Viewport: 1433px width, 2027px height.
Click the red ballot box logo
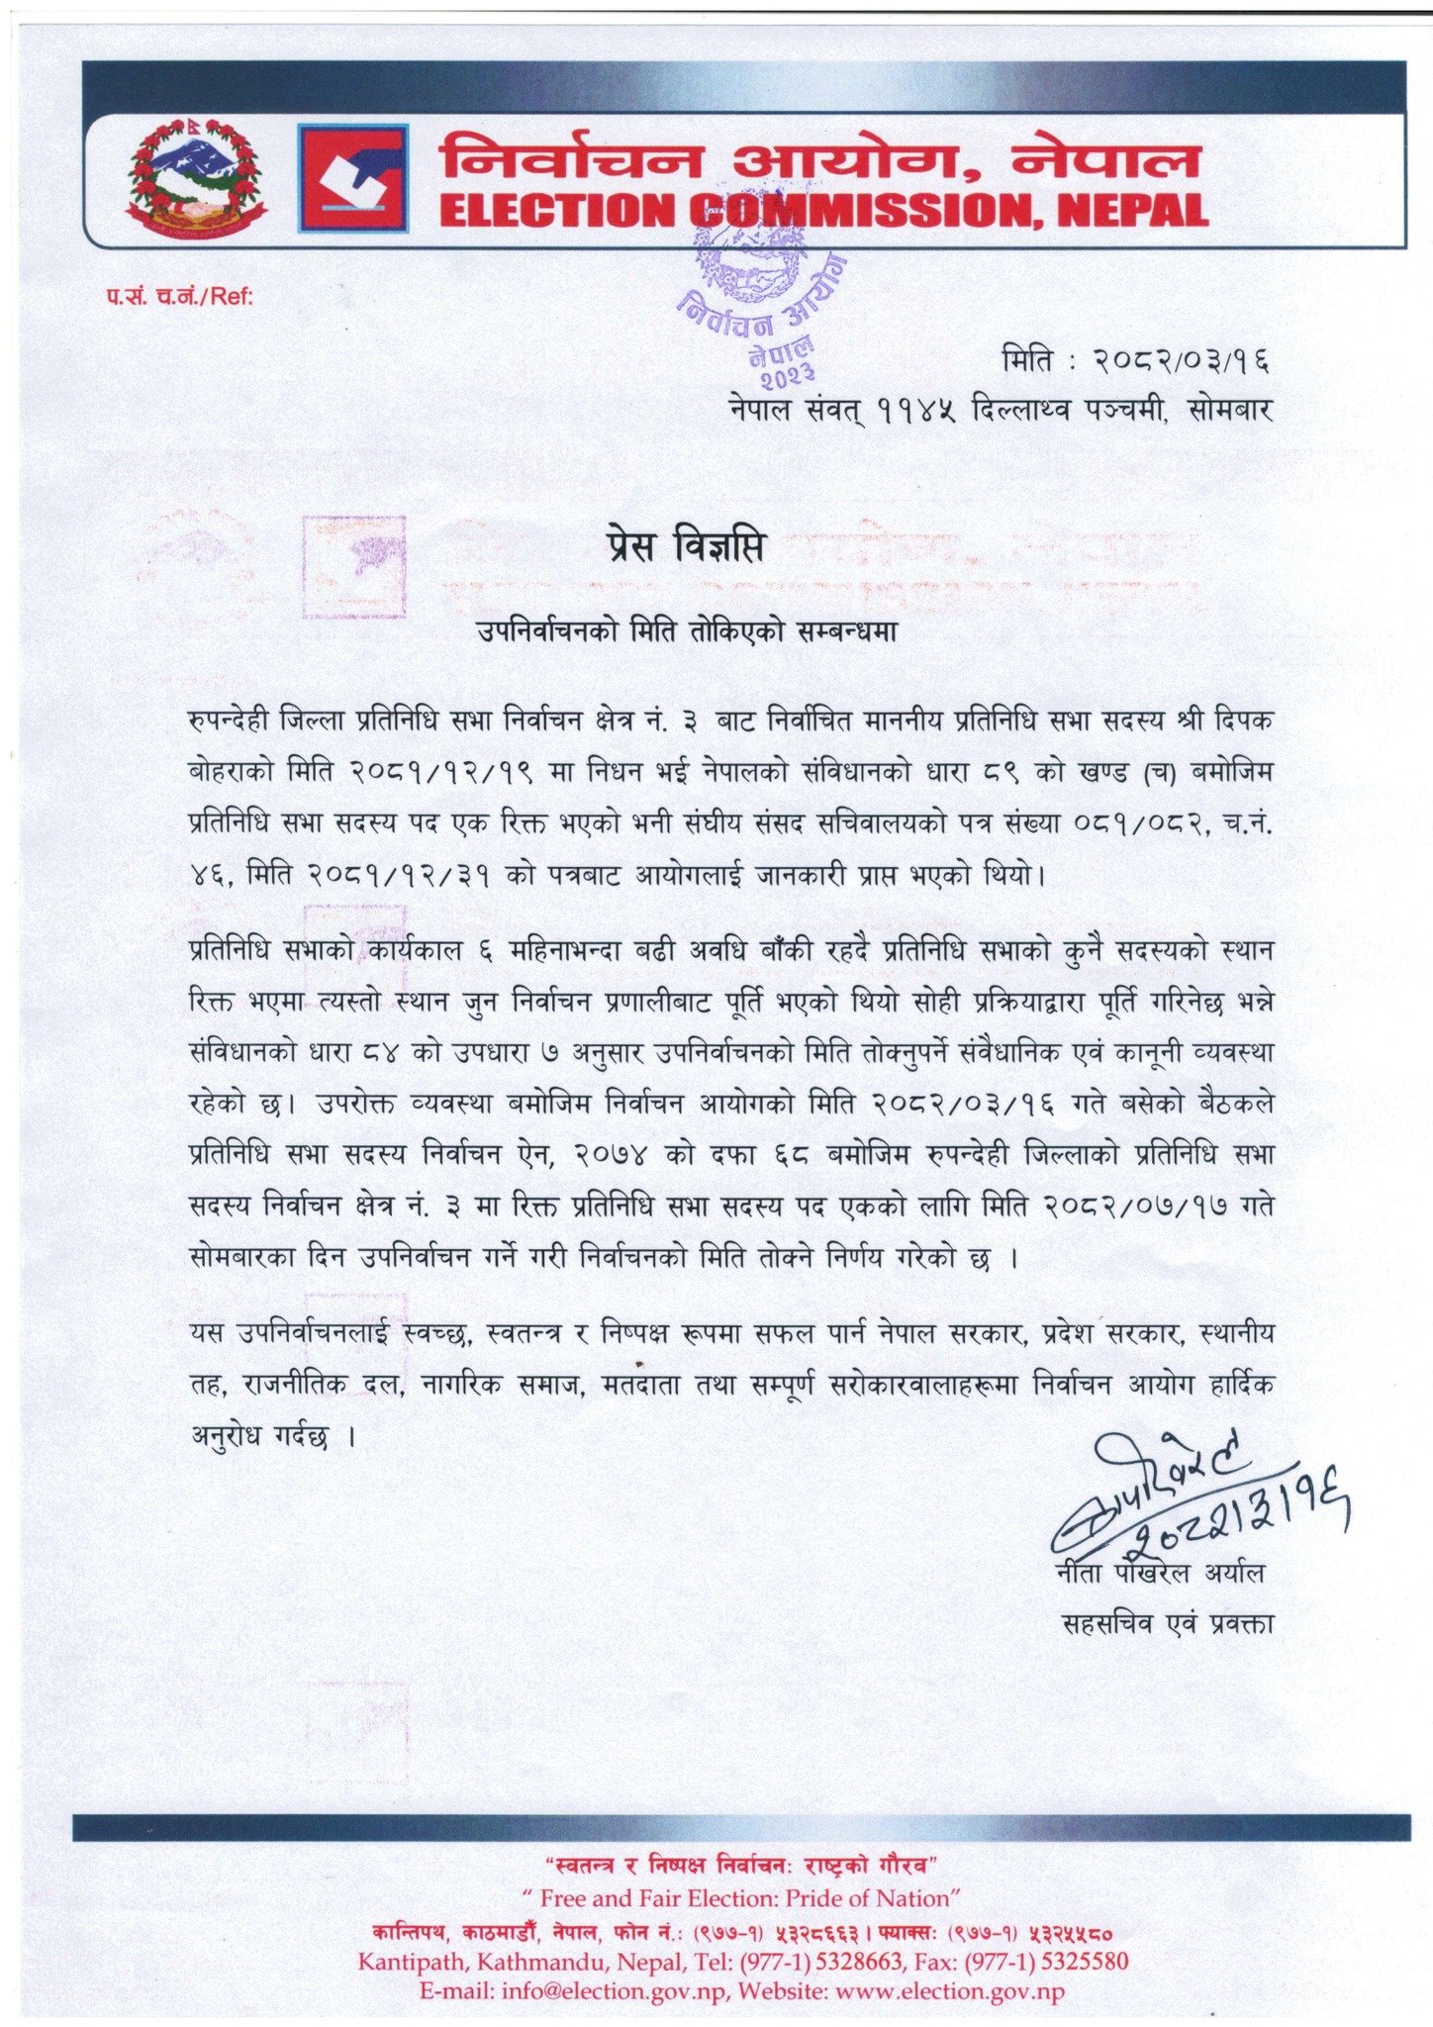pos(353,178)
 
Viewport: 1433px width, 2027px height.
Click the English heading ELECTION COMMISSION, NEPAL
pos(823,210)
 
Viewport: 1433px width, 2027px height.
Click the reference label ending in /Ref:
pos(181,295)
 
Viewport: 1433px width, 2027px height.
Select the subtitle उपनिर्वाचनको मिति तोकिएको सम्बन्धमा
pos(686,630)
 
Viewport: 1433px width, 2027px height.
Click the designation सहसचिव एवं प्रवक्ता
pos(1167,1624)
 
